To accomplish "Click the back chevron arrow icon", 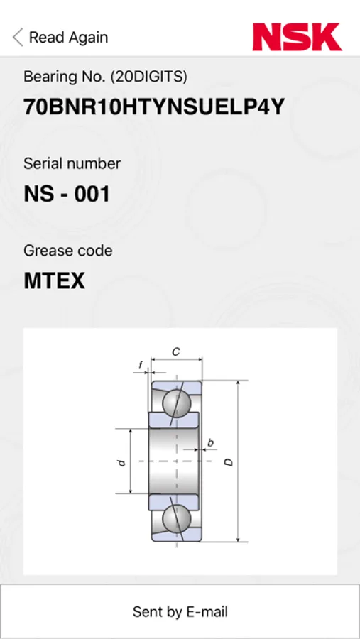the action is [18, 38].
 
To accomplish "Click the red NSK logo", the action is [297, 37].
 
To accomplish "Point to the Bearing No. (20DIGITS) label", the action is [105, 76].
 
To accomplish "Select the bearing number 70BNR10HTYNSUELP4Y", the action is [154, 107].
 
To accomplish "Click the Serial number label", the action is [72, 163].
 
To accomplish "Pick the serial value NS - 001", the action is [67, 194].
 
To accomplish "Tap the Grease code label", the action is [68, 250].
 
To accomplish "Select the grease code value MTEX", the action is [54, 280].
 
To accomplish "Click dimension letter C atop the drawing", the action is [176, 351].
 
